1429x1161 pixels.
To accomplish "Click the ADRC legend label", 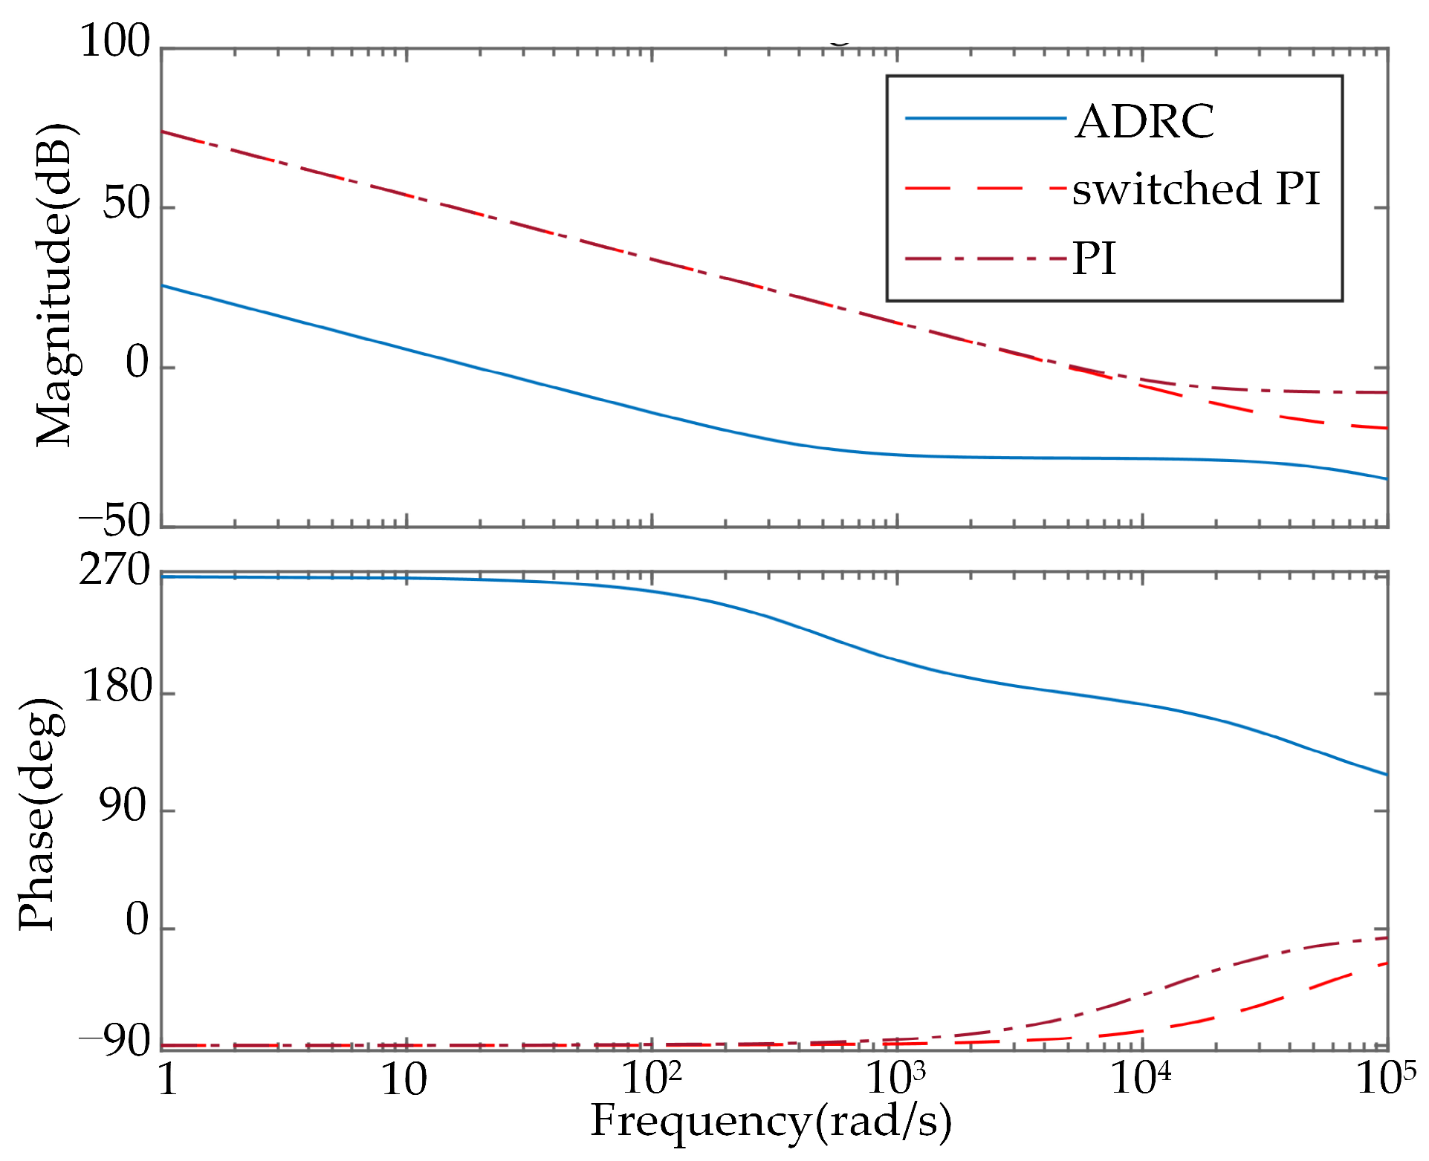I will point(1144,121).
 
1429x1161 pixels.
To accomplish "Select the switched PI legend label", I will point(1196,189).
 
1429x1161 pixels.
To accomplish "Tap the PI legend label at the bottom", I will point(1094,259).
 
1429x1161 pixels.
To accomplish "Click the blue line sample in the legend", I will point(985,118).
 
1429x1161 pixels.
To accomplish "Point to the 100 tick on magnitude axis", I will point(114,41).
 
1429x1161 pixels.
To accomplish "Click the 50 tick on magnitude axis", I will point(126,204).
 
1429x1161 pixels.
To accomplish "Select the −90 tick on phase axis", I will point(114,1042).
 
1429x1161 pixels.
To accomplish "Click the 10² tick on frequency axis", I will point(652,1079).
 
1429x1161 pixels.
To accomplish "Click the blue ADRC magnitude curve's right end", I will point(1385,478).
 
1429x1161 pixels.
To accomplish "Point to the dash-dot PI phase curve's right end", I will point(1385,938).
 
